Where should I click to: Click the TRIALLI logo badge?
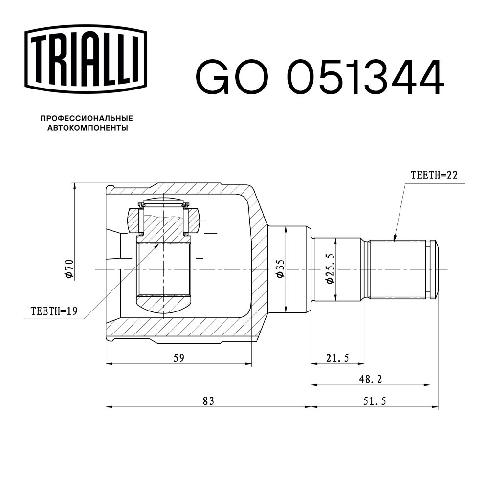pyautogui.click(x=85, y=60)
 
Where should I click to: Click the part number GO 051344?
pyautogui.click(x=319, y=77)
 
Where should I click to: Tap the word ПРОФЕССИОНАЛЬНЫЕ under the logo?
pyautogui.click(x=87, y=118)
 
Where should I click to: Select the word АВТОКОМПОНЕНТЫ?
pyautogui.click(x=88, y=128)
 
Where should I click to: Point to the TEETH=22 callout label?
pyautogui.click(x=434, y=175)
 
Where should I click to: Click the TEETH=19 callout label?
pyautogui.click(x=54, y=311)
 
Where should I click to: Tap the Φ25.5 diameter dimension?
pyautogui.click(x=330, y=268)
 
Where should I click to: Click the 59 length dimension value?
pyautogui.click(x=179, y=358)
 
